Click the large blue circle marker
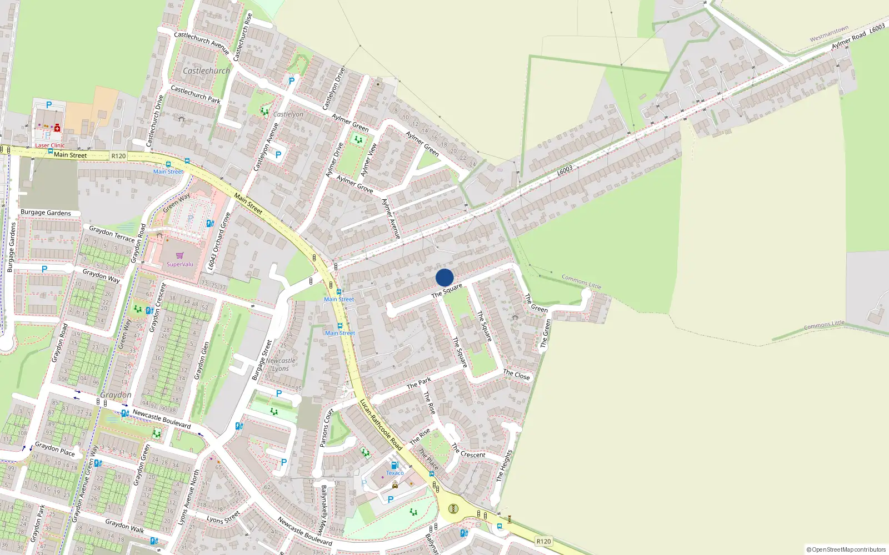click(x=444, y=277)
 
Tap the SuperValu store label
click(x=180, y=264)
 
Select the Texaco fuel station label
click(x=395, y=473)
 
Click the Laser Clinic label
click(x=50, y=145)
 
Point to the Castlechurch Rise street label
click(x=243, y=37)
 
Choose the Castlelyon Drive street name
click(x=334, y=88)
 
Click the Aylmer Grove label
click(x=354, y=184)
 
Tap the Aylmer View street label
click(x=368, y=160)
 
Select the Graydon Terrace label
click(x=112, y=233)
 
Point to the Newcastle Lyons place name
click(x=281, y=364)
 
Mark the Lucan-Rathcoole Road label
click(x=381, y=425)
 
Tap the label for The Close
click(x=516, y=375)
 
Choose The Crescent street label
click(x=468, y=451)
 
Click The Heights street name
click(x=505, y=465)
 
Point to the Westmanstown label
click(x=829, y=34)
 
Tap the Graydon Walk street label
click(x=124, y=526)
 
